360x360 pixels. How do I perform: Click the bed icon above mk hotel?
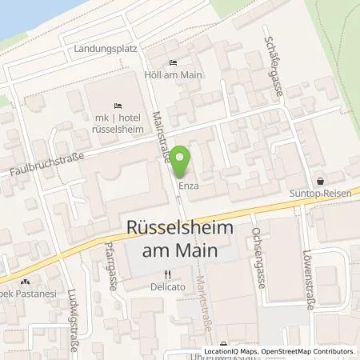118,106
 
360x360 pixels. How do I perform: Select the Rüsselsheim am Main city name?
180,239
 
